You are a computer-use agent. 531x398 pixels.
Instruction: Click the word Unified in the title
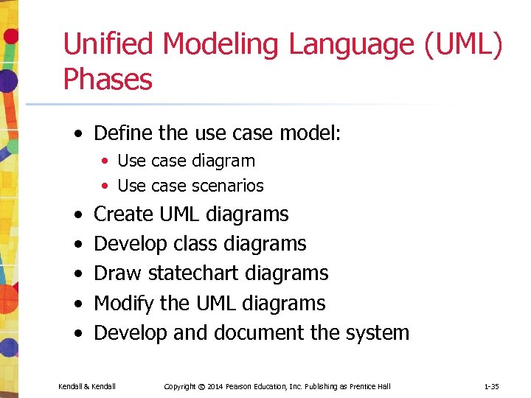pos(108,44)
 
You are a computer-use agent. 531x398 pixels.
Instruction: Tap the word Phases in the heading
pos(108,79)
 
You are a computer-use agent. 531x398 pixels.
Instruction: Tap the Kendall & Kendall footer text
pos(87,386)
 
